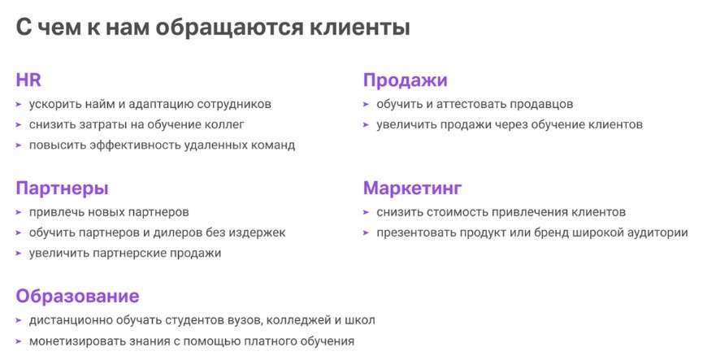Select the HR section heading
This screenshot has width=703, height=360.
28,80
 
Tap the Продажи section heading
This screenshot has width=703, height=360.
406,80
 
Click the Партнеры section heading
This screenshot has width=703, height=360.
62,189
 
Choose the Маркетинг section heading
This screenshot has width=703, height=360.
413,189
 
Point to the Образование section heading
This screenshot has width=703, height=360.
77,296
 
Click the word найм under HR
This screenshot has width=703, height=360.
99,104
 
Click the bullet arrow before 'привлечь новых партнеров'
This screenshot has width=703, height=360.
19,212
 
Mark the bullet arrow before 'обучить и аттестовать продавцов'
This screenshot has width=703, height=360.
367,105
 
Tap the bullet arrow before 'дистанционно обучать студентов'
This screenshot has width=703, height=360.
19,320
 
